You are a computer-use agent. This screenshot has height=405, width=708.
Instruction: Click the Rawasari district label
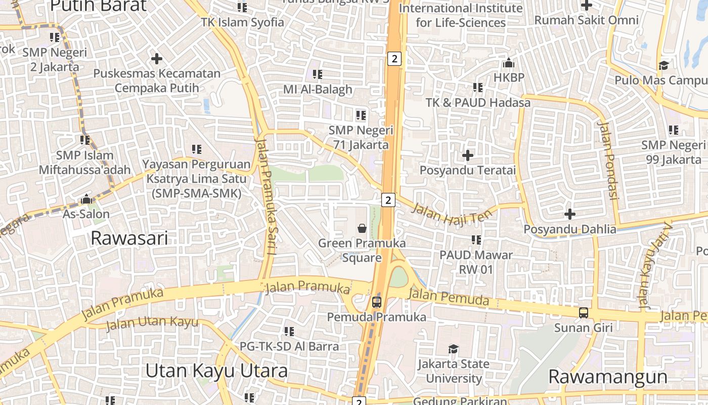129,238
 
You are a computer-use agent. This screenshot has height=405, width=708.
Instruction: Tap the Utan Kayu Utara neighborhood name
216,371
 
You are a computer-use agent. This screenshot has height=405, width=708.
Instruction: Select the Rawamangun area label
608,377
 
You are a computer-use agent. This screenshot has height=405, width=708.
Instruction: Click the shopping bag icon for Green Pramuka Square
362,228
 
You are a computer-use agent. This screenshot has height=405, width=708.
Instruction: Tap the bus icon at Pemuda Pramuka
377,303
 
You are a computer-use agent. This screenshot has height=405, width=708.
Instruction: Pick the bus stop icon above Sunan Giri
584,313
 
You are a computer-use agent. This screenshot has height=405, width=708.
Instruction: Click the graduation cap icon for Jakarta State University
453,349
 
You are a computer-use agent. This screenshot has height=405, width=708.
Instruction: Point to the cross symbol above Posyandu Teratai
468,155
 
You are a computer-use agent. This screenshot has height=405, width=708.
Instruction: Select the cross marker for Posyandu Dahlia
570,214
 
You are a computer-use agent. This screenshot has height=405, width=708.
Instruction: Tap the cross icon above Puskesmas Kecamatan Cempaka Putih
157,59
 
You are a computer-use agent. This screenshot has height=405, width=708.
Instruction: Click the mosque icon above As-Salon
86,199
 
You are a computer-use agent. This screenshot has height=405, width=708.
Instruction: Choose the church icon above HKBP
509,63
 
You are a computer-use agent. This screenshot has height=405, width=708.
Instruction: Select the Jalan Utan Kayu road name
152,323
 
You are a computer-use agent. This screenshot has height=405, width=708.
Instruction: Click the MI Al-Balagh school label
318,90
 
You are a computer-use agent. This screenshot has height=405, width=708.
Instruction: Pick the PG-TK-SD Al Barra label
289,346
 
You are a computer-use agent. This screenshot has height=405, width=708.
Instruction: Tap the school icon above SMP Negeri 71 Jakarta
361,115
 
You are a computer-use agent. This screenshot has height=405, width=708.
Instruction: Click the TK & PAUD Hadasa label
478,103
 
